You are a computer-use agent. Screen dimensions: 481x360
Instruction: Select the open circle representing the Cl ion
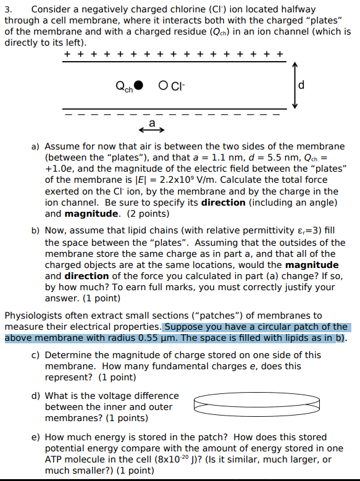coord(163,85)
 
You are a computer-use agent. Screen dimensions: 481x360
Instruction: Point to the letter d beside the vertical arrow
coord(301,85)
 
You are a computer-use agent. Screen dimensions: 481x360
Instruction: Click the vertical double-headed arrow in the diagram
coord(295,85)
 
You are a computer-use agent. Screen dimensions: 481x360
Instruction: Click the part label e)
coord(36,437)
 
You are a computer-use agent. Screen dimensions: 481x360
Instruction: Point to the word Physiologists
coord(35,316)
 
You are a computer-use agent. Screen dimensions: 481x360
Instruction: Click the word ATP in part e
coord(55,459)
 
